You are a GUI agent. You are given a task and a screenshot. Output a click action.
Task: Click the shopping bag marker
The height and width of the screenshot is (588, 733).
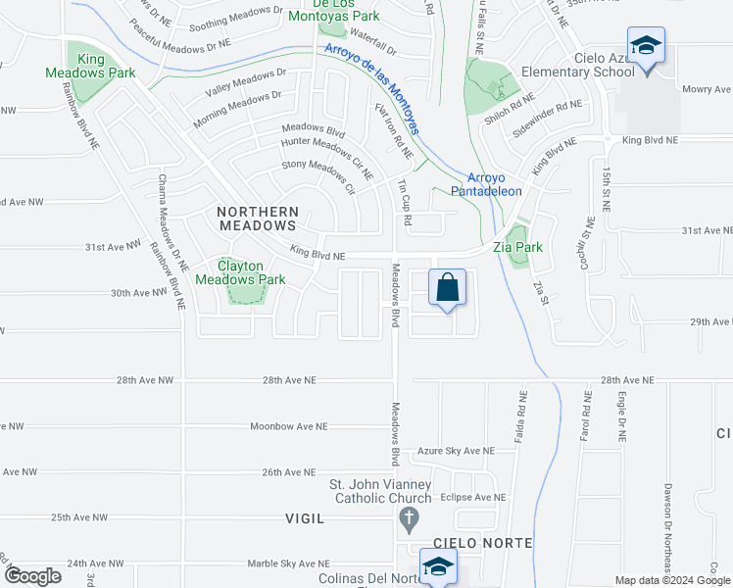(x=447, y=289)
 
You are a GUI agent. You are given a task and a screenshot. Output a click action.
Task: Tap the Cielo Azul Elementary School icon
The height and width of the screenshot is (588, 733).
(x=647, y=45)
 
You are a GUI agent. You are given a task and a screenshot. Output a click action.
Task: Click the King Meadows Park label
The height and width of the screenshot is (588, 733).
(x=91, y=66)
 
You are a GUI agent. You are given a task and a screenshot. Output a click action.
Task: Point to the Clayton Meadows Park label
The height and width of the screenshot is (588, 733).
(x=239, y=272)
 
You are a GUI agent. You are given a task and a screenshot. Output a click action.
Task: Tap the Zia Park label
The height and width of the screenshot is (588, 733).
(x=517, y=247)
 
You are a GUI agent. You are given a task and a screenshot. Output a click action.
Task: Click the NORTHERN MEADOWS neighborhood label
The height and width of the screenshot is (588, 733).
(x=258, y=219)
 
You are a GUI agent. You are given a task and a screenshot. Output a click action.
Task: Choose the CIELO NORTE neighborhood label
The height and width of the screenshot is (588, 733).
(x=486, y=542)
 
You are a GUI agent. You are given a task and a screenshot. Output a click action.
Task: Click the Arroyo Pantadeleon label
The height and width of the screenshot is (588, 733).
(x=486, y=184)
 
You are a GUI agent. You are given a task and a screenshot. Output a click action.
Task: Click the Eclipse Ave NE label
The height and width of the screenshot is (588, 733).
(x=472, y=497)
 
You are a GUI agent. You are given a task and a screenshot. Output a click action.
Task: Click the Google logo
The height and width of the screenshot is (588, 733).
(x=32, y=576)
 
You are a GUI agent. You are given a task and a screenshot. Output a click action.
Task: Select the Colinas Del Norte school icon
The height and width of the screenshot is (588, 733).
(x=438, y=566)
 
